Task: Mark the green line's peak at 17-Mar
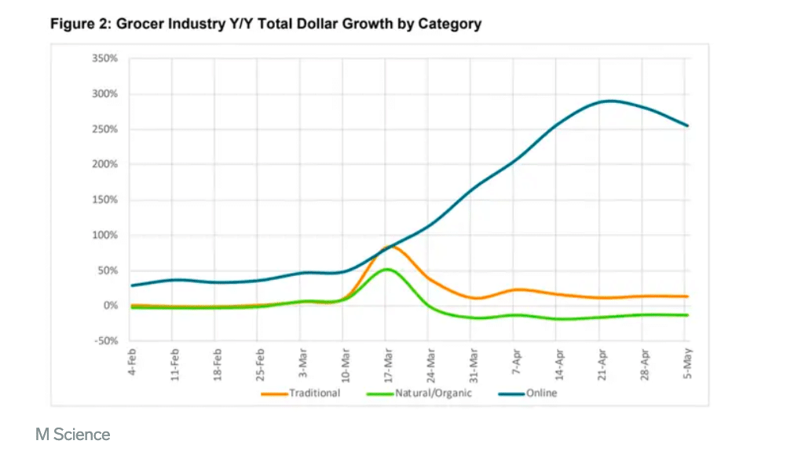coord(386,270)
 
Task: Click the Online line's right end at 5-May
coord(688,126)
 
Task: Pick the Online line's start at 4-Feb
coord(132,285)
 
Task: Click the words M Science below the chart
coord(73,434)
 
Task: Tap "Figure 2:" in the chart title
coord(81,24)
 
